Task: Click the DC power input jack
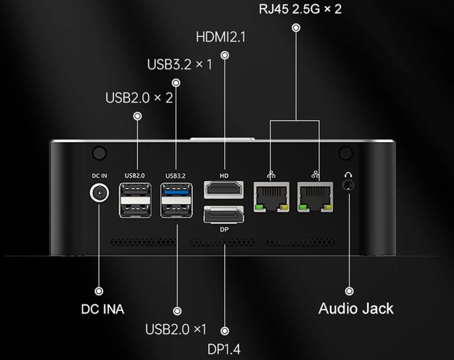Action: (x=99, y=193)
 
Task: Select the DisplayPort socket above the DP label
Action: (x=224, y=215)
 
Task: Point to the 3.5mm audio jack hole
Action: (x=349, y=185)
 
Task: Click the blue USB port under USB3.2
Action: (x=176, y=192)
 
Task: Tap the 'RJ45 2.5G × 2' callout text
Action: (x=300, y=9)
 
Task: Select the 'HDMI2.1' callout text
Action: (x=221, y=37)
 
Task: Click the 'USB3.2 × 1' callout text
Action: (x=179, y=64)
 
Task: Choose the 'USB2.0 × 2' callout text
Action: (x=139, y=98)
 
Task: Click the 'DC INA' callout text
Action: (x=103, y=309)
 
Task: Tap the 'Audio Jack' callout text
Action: (x=356, y=308)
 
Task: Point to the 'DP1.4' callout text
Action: (x=224, y=349)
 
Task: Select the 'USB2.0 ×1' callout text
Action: (x=176, y=330)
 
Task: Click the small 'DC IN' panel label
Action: (x=99, y=176)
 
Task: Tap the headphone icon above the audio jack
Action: (x=349, y=175)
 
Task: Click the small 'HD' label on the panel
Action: (x=224, y=176)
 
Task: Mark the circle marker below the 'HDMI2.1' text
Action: (x=225, y=55)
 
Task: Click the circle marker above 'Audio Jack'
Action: (x=349, y=291)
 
